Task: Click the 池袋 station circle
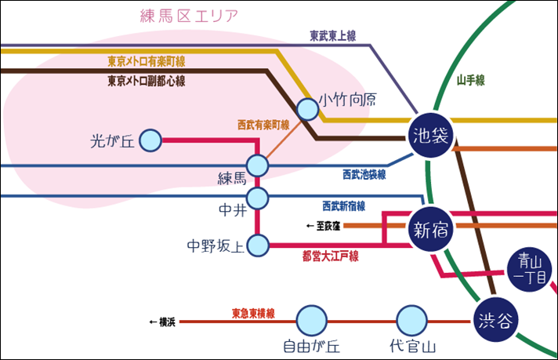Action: (x=430, y=136)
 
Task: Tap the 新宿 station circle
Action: (x=430, y=230)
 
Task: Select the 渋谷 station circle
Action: (x=495, y=319)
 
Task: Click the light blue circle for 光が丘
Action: (x=150, y=141)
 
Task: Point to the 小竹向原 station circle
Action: (x=308, y=110)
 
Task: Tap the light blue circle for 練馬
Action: (x=258, y=165)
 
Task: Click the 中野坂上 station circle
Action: (x=258, y=245)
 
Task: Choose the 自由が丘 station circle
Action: (x=311, y=320)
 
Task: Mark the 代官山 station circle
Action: (x=411, y=320)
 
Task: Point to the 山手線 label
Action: (x=470, y=80)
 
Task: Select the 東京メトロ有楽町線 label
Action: (x=151, y=60)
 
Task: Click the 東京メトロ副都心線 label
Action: (x=151, y=80)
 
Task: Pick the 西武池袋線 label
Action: (x=364, y=174)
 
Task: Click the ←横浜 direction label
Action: (x=162, y=322)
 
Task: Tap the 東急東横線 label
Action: (x=252, y=313)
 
